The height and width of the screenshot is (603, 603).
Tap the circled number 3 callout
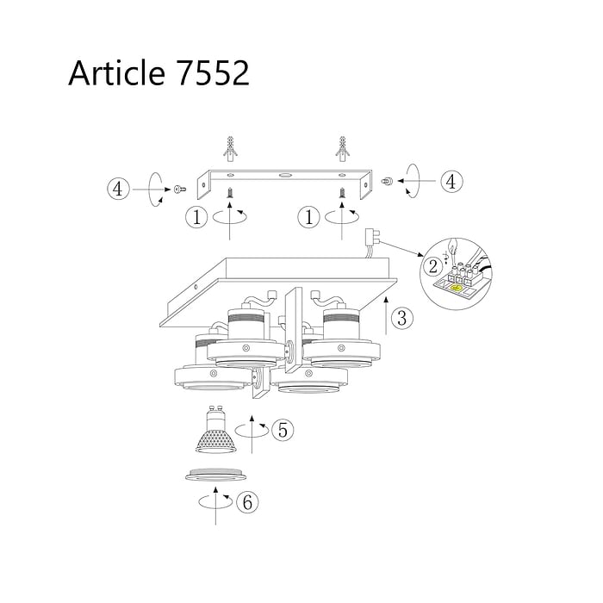(402, 318)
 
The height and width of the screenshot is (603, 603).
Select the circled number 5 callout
(283, 430)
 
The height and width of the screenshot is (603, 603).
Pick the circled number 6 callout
(247, 502)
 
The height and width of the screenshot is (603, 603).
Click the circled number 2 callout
(433, 266)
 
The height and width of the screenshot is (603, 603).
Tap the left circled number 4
(118, 190)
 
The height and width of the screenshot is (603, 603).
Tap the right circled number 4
(451, 181)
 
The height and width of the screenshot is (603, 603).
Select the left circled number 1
(197, 217)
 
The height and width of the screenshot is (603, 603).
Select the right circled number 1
(308, 217)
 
